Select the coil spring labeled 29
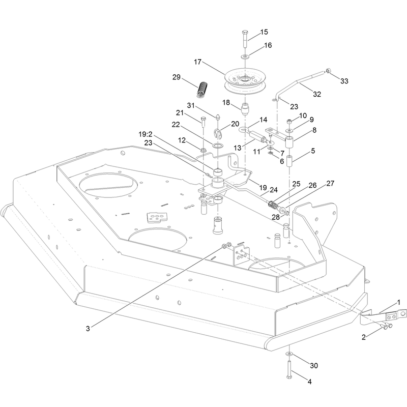[201, 90]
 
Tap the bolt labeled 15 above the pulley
[245, 39]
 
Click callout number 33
[344, 81]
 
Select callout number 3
[88, 328]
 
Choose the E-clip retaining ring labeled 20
[218, 133]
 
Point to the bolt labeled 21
[203, 122]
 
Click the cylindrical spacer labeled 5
[289, 161]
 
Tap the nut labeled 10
[289, 122]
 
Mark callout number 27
[330, 184]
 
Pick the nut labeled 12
[203, 150]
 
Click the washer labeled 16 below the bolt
[245, 56]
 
